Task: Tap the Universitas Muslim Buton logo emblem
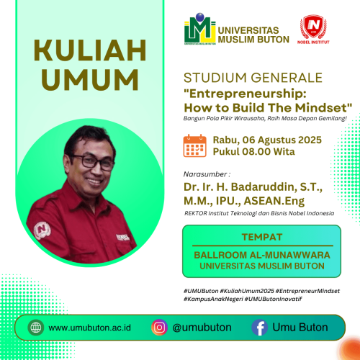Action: (199, 30)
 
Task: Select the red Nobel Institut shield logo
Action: (313, 27)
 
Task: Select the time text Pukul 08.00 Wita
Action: (251, 152)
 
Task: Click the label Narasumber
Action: (207, 174)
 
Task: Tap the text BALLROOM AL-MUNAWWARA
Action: (262, 254)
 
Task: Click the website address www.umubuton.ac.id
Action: (90, 328)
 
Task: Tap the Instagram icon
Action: (159, 328)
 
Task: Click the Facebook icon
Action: (259, 328)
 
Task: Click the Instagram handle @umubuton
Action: (202, 328)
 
